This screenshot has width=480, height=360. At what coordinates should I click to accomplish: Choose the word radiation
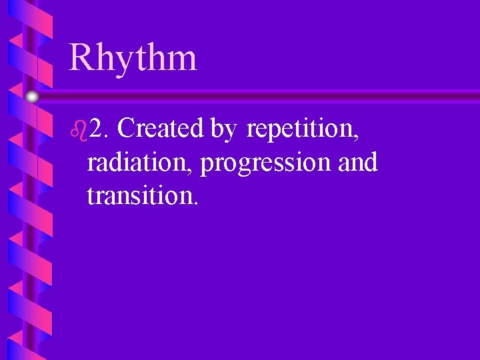click(x=138, y=162)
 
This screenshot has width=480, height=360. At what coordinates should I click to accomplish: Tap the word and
click(x=357, y=162)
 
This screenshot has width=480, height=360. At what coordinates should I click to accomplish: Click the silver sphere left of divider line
click(x=32, y=97)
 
